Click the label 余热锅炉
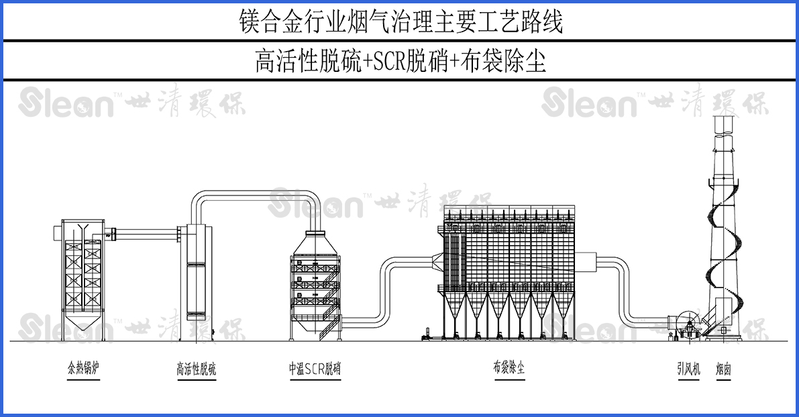(x=83, y=369)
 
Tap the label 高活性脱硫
(x=197, y=369)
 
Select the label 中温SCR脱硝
(x=315, y=369)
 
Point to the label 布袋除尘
(x=509, y=368)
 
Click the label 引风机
(x=688, y=369)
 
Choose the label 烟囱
(x=723, y=369)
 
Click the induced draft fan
(x=686, y=325)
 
